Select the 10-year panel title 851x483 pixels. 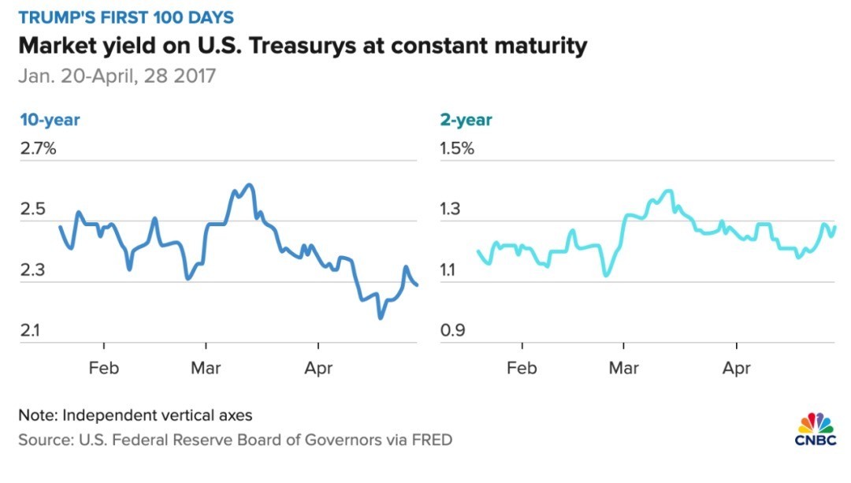(50, 120)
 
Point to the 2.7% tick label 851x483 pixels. (39, 149)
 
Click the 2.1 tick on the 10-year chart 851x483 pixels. (32, 330)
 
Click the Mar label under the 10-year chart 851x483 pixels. (206, 367)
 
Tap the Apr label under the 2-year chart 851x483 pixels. (737, 367)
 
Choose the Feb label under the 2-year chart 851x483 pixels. (522, 367)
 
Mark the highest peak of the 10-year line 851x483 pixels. (249, 185)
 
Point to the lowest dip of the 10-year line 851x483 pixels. (381, 318)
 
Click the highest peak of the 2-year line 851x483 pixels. (669, 191)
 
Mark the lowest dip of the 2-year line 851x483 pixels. (605, 275)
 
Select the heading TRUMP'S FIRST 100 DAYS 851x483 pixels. (127, 17)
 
